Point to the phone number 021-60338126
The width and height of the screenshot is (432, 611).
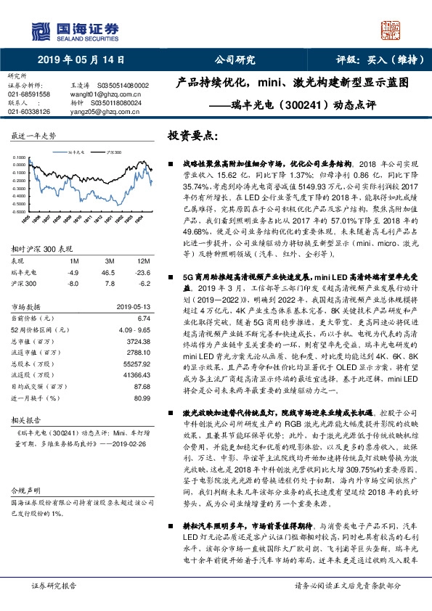click(x=29, y=112)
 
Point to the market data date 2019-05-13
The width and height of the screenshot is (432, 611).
click(x=132, y=307)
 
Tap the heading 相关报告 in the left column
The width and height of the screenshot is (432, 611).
click(x=25, y=420)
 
